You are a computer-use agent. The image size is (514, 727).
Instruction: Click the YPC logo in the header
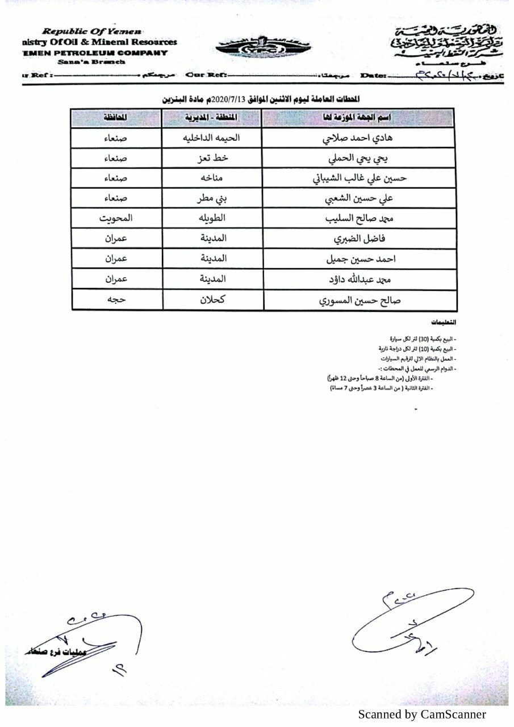262,48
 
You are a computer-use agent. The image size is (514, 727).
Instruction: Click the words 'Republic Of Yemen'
92,32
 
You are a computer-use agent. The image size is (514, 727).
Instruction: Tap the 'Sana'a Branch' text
91,62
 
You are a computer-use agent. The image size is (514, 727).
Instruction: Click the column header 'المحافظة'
115,118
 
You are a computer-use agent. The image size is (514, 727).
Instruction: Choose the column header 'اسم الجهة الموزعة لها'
360,118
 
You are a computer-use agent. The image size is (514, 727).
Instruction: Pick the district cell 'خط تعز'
212,158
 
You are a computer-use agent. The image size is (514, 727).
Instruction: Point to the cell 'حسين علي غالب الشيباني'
360,178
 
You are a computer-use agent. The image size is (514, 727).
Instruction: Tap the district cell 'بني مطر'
212,199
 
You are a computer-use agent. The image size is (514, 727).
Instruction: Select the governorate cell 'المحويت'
115,219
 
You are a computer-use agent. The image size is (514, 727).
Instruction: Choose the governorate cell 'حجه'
115,300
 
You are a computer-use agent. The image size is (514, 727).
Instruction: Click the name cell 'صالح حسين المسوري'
360,300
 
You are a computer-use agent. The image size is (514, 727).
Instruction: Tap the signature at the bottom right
412,622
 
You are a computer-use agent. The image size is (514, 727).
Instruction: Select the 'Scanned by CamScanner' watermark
421,715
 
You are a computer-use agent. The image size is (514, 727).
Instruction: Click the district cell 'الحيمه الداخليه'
213,138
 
